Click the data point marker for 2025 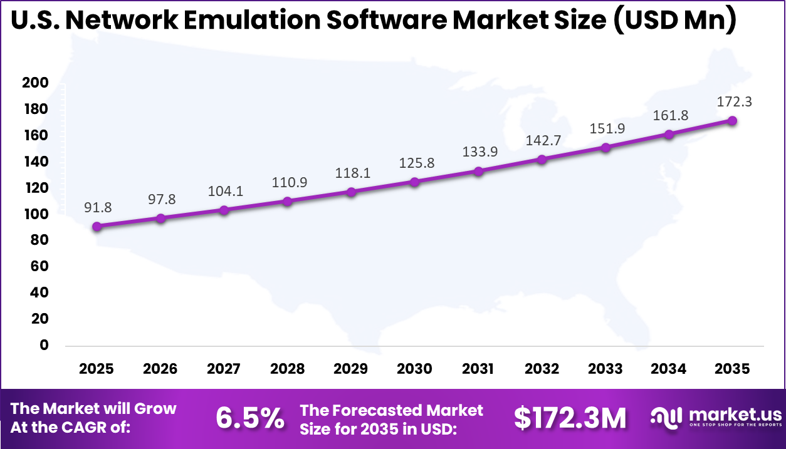(97, 227)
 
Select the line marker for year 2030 (414, 182)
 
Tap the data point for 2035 (731, 121)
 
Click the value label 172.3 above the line (731, 102)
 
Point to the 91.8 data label (97, 207)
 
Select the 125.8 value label (414, 163)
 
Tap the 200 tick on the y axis (35, 83)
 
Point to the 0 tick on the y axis (44, 345)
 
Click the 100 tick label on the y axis (35, 214)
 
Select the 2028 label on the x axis (287, 369)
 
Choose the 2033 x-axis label (605, 369)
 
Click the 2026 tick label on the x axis (160, 369)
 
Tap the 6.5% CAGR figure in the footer (250, 418)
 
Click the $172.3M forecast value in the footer (570, 418)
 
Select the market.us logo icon (667, 417)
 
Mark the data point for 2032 (542, 160)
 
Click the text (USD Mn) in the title (674, 21)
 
